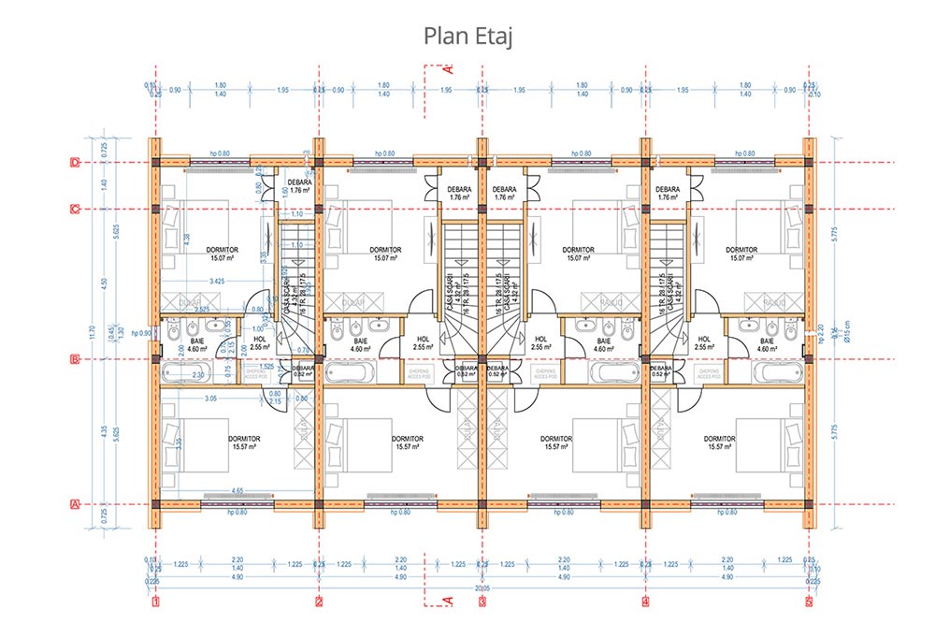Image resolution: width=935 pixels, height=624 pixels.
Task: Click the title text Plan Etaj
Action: [467, 36]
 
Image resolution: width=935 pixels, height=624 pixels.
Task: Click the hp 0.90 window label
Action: [141, 333]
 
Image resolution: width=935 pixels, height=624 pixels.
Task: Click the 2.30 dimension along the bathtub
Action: [199, 375]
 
